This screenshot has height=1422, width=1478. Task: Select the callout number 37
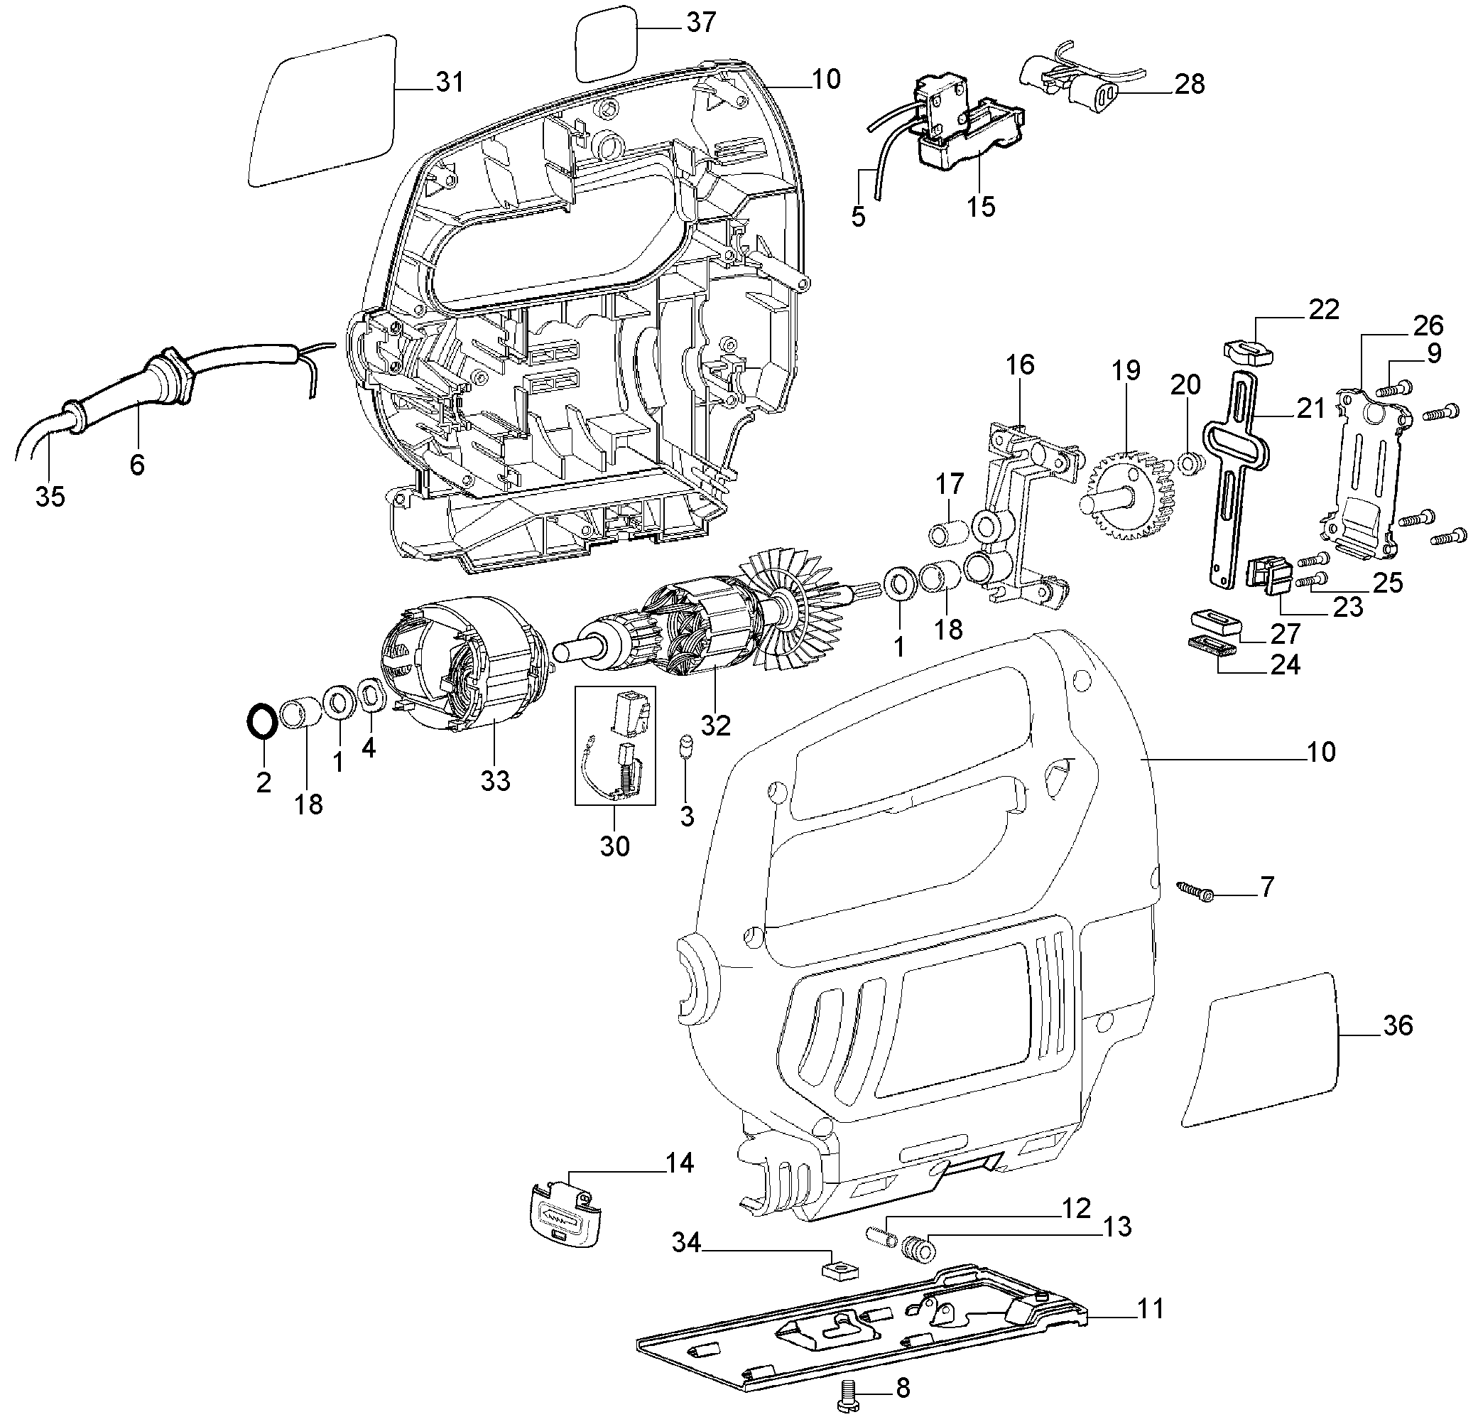(700, 23)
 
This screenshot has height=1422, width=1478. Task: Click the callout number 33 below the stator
(496, 780)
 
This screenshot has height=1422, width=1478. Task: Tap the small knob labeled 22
(1246, 351)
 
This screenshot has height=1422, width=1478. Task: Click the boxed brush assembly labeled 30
(614, 745)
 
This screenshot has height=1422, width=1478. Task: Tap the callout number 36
(1397, 1025)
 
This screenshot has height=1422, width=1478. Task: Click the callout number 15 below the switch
(980, 206)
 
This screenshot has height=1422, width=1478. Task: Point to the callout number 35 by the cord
(50, 495)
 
